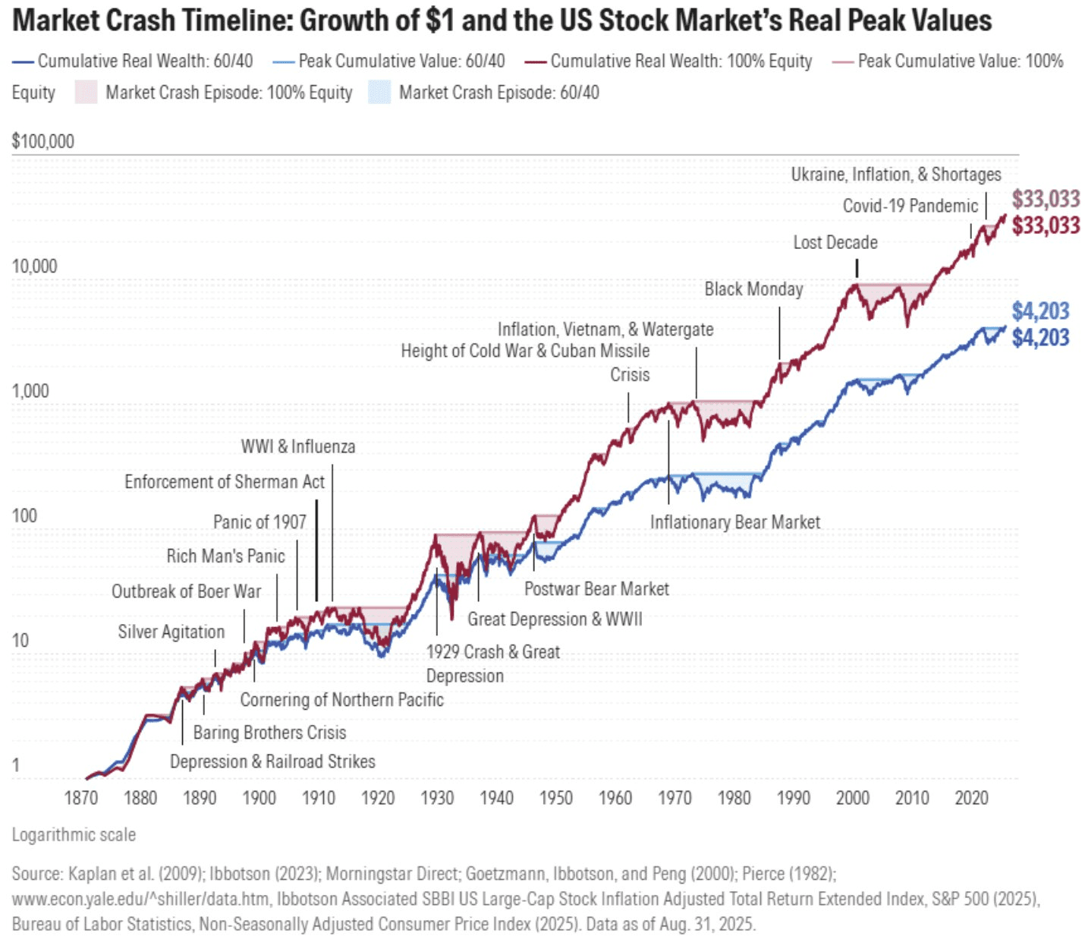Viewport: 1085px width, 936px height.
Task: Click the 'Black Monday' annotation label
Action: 753,289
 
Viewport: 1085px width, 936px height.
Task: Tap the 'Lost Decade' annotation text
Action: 835,242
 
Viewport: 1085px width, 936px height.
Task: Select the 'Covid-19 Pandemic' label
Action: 910,206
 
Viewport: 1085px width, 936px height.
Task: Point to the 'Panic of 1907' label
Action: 259,522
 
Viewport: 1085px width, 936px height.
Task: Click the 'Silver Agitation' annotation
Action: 171,632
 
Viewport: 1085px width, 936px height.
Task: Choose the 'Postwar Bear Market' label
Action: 596,589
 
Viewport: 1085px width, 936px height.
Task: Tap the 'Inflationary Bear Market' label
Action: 734,522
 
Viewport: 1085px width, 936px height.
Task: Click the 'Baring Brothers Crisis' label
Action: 269,733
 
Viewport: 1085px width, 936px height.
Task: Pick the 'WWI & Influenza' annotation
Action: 298,446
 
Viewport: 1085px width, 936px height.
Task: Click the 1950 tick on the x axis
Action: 556,798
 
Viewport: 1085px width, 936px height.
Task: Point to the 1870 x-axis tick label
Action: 81,798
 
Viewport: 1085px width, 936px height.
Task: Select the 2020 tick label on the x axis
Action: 970,798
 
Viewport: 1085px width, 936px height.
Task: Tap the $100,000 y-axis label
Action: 43,141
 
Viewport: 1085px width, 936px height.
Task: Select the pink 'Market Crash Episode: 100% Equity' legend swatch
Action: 86,93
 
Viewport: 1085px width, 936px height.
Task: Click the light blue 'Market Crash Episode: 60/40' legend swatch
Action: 379,93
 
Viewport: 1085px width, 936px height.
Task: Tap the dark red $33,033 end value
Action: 1046,225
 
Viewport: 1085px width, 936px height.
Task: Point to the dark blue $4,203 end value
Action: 1040,338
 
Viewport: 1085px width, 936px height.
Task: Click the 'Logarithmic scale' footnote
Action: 74,835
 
